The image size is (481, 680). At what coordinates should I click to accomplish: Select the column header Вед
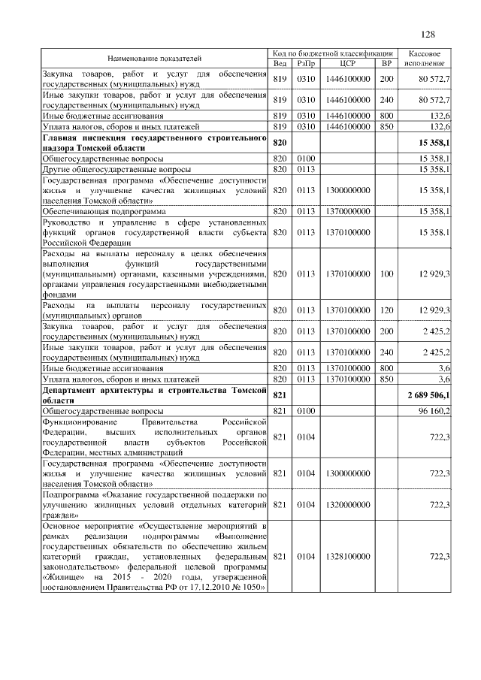click(280, 63)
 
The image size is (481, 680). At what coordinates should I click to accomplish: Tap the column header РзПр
click(305, 63)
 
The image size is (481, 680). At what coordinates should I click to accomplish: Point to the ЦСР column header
click(347, 63)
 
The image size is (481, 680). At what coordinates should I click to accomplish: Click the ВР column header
click(387, 63)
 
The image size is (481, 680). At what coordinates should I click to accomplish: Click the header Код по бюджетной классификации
click(334, 53)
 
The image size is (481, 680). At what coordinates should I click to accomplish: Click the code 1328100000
click(348, 556)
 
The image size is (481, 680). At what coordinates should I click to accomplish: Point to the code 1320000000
click(348, 505)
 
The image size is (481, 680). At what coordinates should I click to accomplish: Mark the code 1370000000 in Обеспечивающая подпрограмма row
click(348, 213)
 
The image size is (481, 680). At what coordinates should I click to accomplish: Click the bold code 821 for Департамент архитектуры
click(280, 395)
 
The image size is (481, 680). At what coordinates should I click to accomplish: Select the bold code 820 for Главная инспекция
click(280, 142)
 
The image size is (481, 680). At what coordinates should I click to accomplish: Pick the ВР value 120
click(387, 310)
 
